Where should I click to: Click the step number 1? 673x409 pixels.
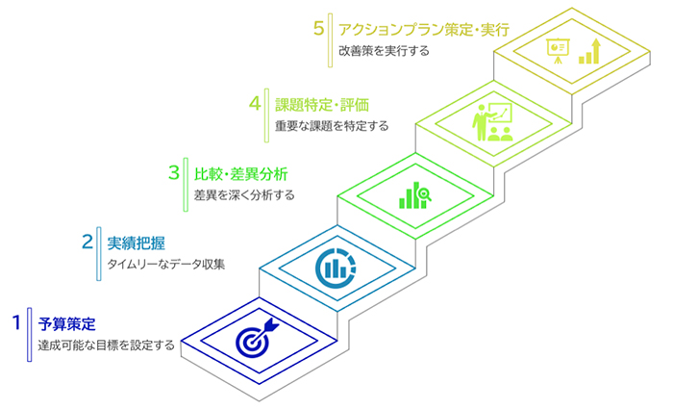[x=16, y=322]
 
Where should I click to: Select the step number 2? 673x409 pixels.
[x=87, y=242]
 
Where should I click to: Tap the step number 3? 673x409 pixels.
[x=173, y=172]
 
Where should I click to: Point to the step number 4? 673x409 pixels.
[x=255, y=103]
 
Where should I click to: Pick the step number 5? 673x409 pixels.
[x=318, y=28]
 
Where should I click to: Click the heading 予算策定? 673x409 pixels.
[x=67, y=324]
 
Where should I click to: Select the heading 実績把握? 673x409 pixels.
[x=137, y=243]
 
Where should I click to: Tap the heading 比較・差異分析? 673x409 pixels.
[x=240, y=174]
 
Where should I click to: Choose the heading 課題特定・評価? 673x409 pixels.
[x=322, y=105]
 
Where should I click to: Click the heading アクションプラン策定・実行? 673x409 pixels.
[x=424, y=30]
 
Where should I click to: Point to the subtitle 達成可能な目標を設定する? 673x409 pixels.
[x=106, y=345]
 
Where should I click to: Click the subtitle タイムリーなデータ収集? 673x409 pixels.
[x=165, y=264]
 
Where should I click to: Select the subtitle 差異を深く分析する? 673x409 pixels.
[x=244, y=195]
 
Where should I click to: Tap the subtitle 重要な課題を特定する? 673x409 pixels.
[x=332, y=126]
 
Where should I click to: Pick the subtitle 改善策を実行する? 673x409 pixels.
[x=384, y=51]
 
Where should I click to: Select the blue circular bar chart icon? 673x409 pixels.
[x=336, y=268]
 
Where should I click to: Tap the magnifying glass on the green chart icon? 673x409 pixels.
[x=425, y=194]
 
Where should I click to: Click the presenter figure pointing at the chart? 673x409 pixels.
[x=481, y=122]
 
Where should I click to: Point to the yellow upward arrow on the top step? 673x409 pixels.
[x=595, y=51]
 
